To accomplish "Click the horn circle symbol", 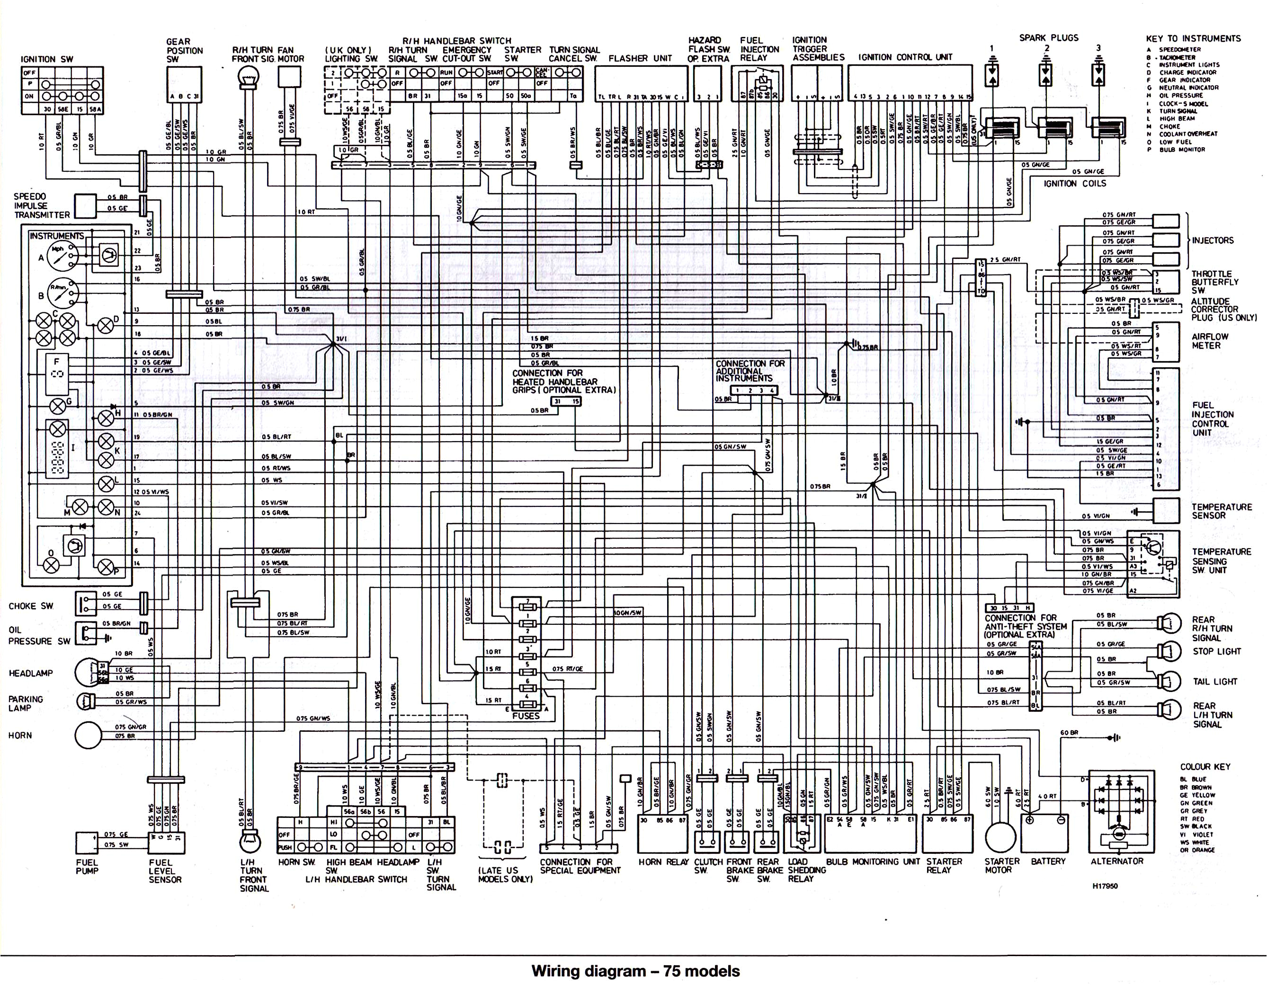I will [x=89, y=736].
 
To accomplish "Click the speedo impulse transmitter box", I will [x=86, y=205].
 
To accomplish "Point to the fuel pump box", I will [x=87, y=843].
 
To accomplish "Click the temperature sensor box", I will [x=1166, y=510].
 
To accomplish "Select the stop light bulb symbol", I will [x=1168, y=651].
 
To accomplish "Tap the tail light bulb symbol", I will [x=1168, y=681].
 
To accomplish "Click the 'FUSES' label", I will [x=526, y=716].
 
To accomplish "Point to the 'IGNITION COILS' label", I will [x=1074, y=183].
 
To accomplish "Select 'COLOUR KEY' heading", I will [x=1205, y=766].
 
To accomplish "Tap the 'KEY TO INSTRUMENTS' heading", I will [x=1193, y=38].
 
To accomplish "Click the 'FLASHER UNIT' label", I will [x=640, y=58].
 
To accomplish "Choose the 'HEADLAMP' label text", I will [x=31, y=673].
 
